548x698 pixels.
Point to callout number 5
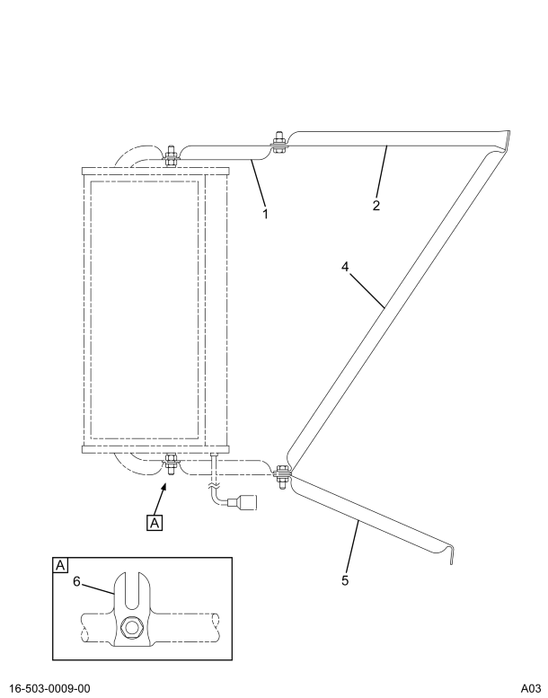pos(345,579)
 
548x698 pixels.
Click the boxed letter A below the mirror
pos(155,521)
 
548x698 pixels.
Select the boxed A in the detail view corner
pos(61,565)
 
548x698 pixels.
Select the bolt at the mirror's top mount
pos(170,154)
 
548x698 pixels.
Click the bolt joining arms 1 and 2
pos(279,143)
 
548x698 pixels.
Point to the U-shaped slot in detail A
pos(133,594)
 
